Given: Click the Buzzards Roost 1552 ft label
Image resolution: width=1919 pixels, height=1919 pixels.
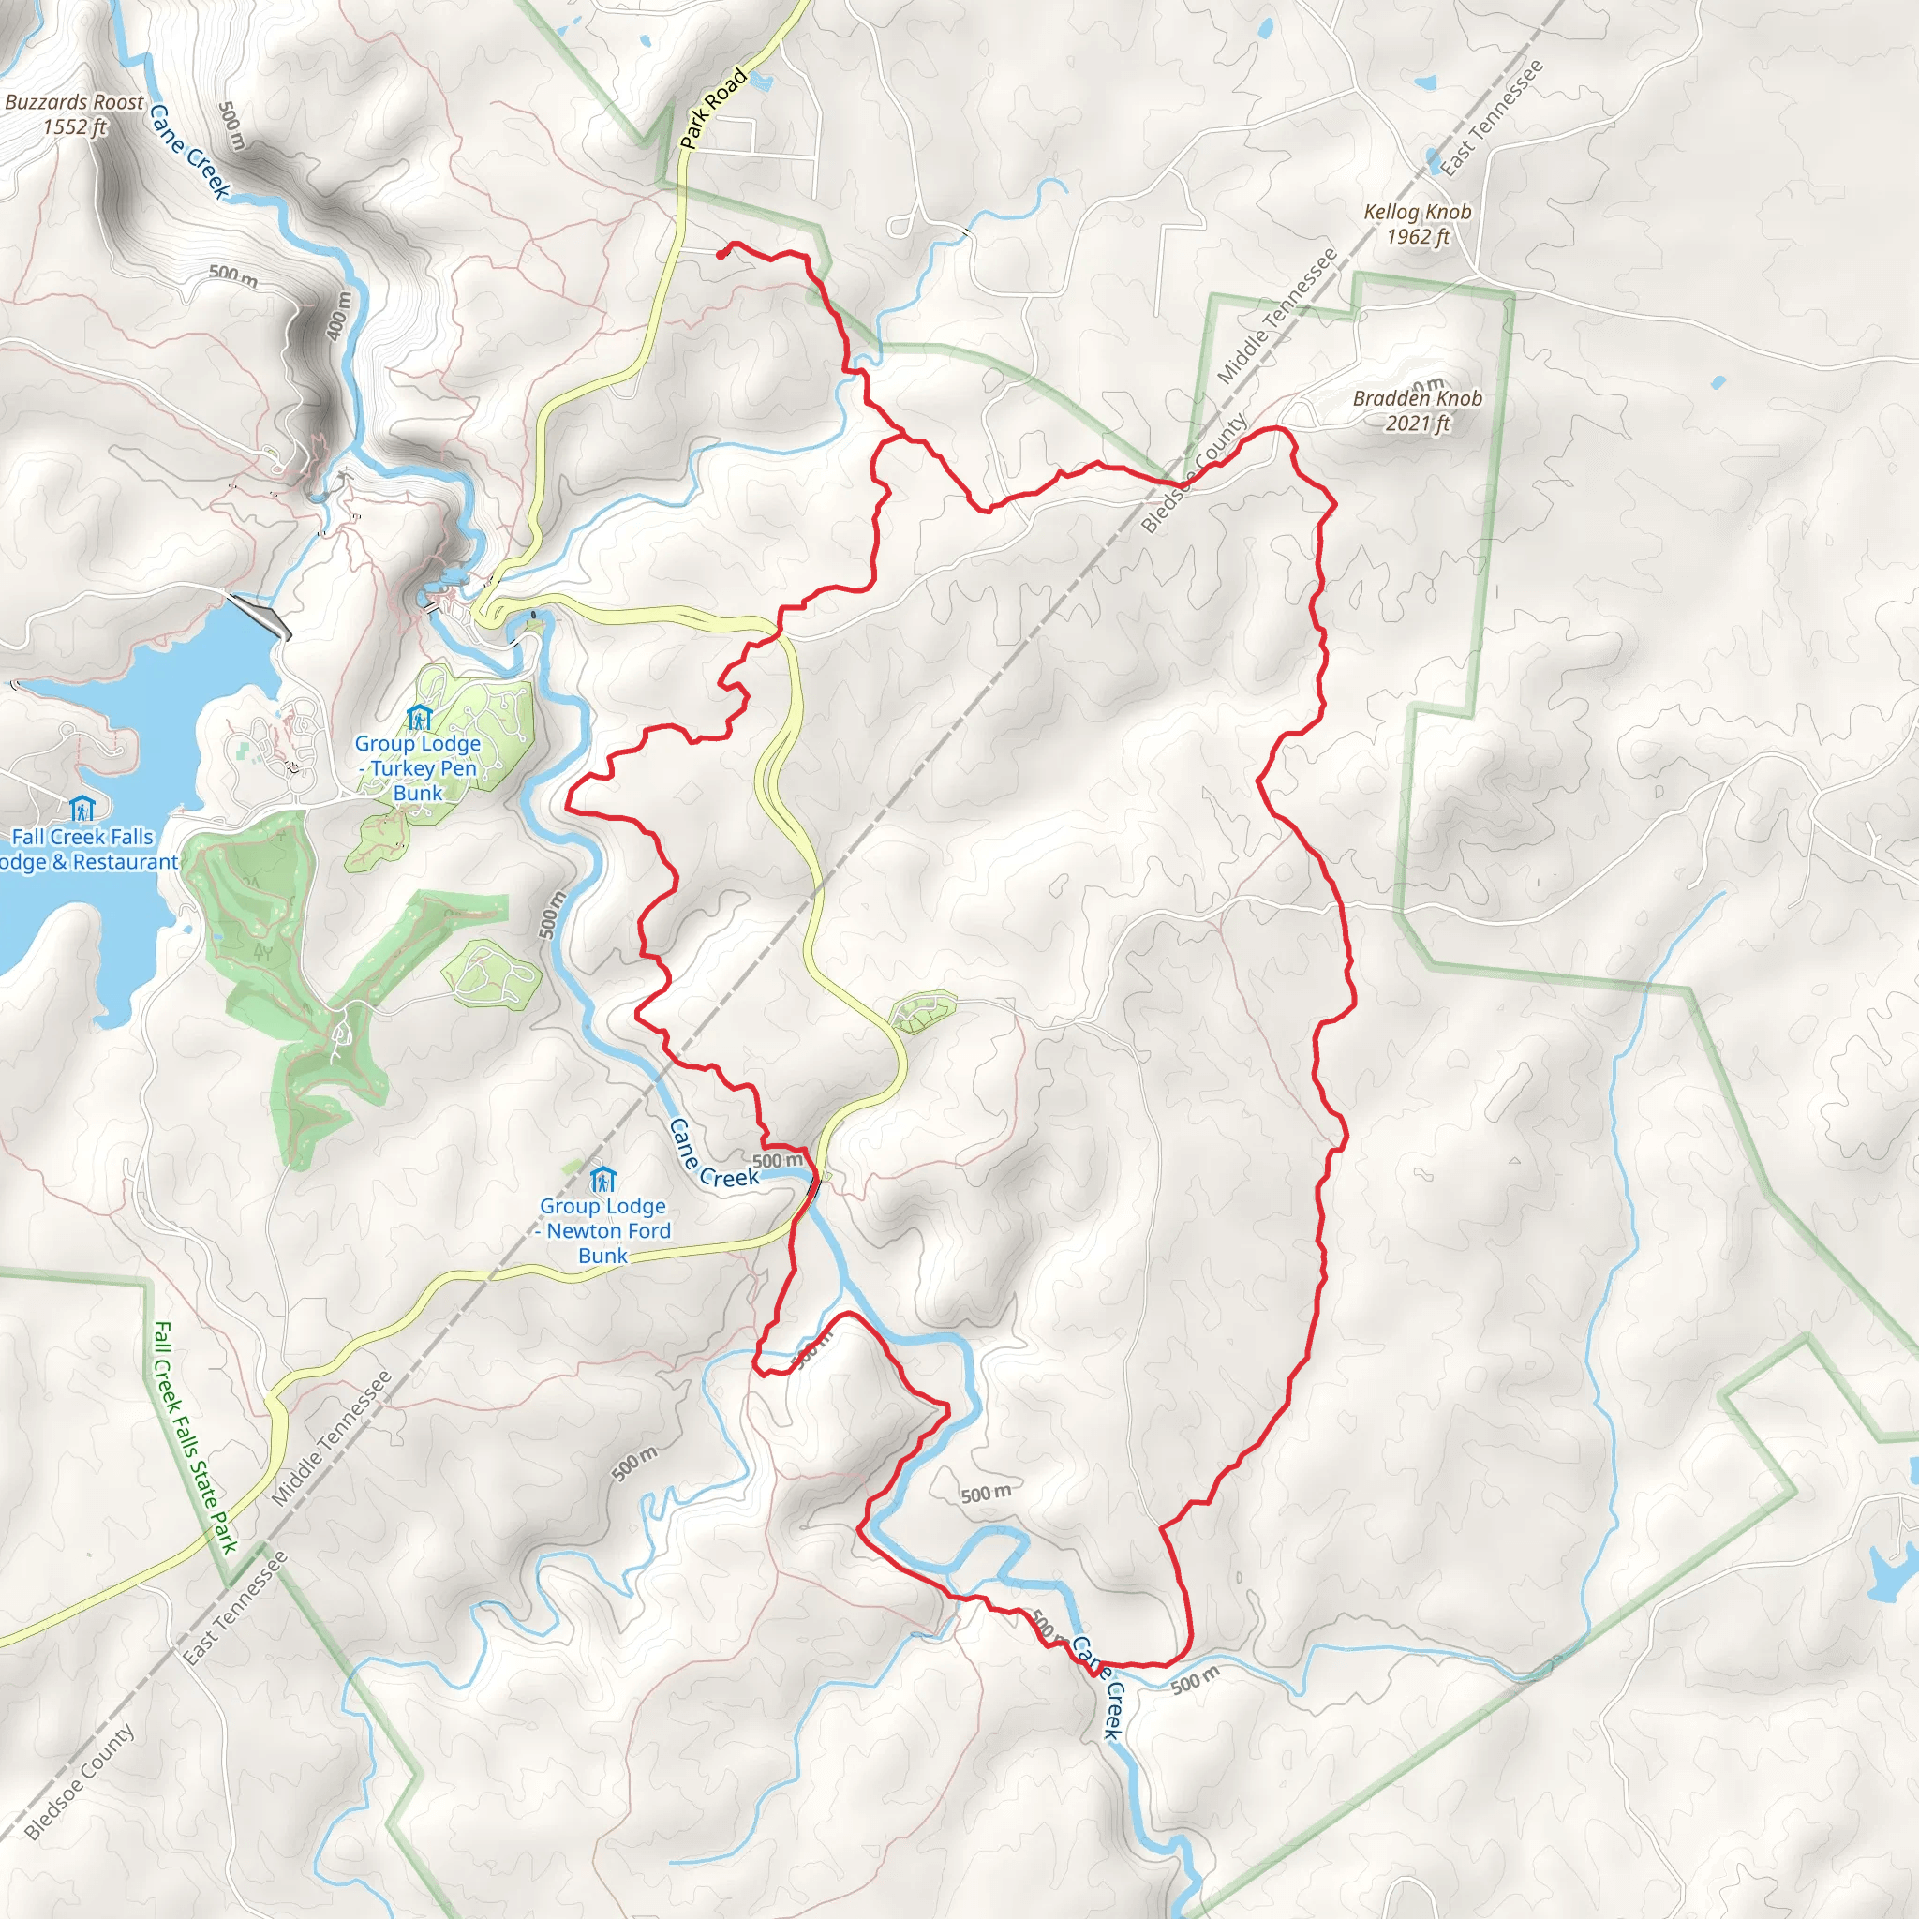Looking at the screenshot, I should coord(75,114).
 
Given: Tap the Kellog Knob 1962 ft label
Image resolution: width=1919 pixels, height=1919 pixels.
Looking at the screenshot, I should coord(1418,224).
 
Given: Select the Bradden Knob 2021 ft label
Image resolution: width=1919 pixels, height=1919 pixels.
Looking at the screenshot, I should coord(1418,410).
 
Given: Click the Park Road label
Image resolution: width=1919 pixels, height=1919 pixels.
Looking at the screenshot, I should coord(713,107).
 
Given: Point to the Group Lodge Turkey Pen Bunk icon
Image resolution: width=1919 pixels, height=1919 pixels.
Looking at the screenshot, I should coord(419,716).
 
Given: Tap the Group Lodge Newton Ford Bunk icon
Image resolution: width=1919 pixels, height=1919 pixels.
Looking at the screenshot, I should coord(602,1179).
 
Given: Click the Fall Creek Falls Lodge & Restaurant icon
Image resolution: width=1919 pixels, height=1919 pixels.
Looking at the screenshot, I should coord(82,809).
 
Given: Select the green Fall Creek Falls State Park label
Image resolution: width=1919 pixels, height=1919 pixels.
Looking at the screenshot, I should coord(196,1436).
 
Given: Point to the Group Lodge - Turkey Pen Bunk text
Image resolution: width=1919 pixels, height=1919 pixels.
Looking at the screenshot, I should coord(418,767).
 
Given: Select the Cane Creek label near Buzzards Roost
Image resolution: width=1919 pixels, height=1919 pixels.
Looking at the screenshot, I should coord(189,152).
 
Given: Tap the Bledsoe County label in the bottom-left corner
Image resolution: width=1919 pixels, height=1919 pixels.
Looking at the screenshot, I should coord(79,1782).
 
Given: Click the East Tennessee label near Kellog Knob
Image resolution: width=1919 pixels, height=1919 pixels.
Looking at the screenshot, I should coord(1492,118).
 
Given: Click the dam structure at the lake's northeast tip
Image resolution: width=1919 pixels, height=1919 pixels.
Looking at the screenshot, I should coord(260,616).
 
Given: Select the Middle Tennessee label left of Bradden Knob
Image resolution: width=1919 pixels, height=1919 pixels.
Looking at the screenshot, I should coord(1277,317).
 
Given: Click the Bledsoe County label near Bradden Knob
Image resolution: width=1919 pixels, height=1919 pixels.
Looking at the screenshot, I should coord(1194,474).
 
